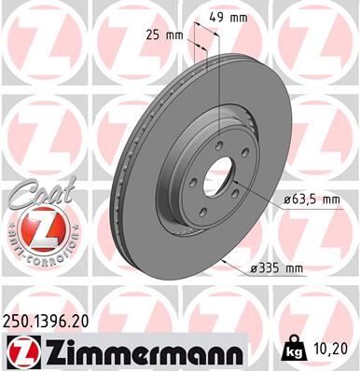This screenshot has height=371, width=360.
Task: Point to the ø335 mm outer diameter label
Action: [x=280, y=268]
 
